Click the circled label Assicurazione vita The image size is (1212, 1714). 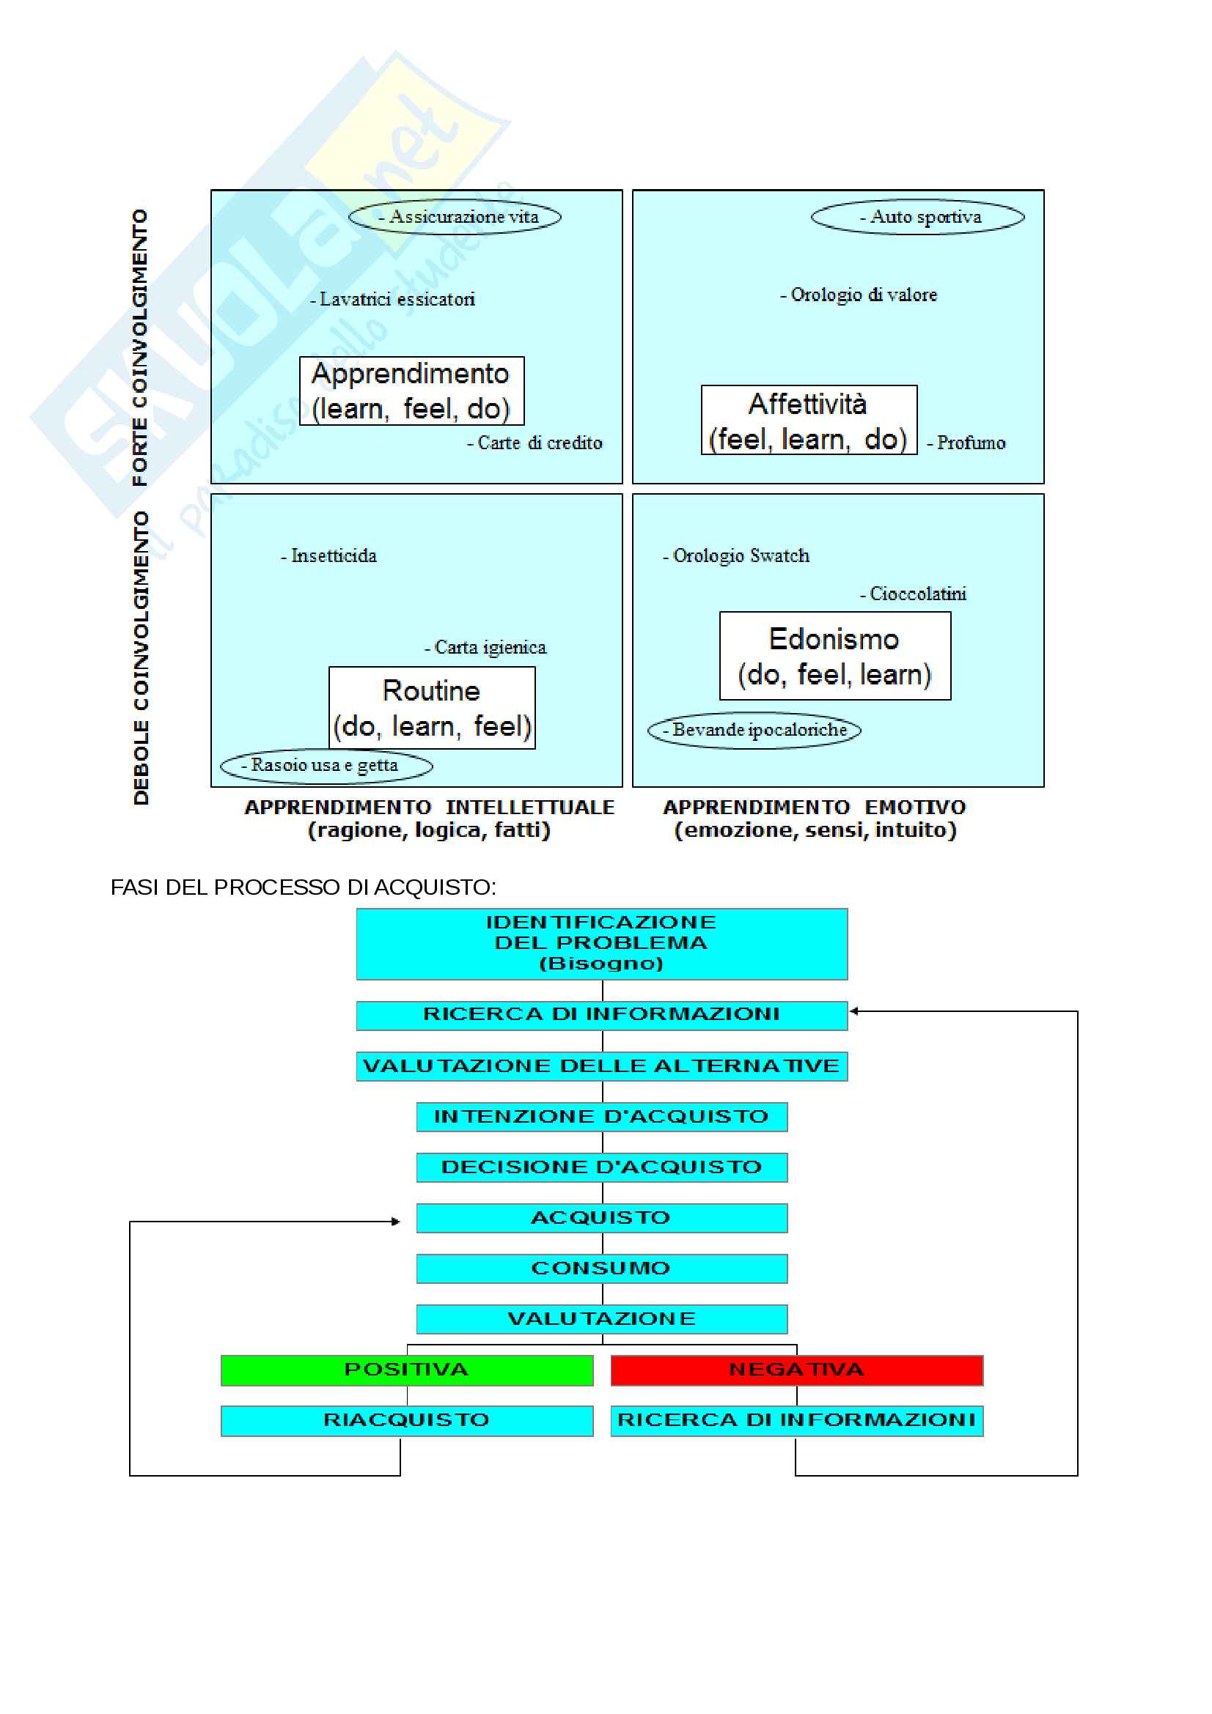click(455, 217)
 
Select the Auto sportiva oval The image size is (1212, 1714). click(918, 217)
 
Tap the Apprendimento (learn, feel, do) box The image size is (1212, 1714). click(411, 391)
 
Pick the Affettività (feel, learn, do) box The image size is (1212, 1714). click(809, 421)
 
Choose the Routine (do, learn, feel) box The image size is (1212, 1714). click(432, 708)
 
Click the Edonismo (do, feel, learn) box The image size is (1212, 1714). click(835, 656)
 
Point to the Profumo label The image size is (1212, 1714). click(967, 443)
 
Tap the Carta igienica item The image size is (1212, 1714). click(486, 648)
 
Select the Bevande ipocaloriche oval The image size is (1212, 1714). click(754, 730)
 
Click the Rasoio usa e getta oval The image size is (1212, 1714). click(326, 766)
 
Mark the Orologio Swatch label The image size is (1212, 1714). click(736, 556)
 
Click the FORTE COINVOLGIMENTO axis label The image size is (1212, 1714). click(140, 348)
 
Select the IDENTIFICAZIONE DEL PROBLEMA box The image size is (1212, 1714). click(602, 944)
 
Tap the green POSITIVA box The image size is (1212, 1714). click(407, 1370)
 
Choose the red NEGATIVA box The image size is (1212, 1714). click(797, 1370)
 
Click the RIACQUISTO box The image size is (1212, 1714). click(407, 1421)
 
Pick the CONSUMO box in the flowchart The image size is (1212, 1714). click(602, 1268)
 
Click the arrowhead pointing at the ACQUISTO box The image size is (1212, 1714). click(397, 1222)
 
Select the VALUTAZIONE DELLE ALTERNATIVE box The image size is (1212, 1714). click(602, 1066)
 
